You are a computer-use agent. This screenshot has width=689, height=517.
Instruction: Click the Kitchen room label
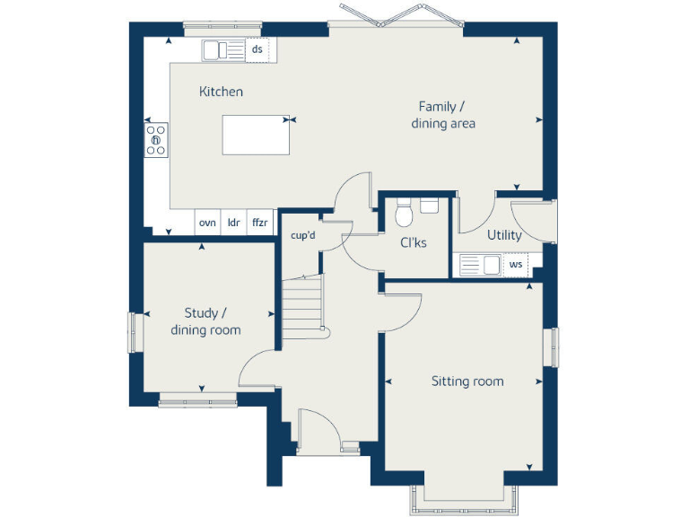(221, 92)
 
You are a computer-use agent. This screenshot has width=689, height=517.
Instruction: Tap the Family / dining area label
(442, 115)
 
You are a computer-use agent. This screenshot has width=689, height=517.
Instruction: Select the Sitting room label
(467, 381)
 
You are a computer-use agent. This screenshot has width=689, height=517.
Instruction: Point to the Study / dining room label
(205, 321)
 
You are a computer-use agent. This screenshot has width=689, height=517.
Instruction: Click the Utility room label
(504, 235)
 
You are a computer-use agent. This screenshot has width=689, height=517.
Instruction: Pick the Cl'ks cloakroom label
(414, 242)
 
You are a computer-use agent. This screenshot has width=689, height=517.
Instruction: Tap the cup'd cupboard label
(302, 236)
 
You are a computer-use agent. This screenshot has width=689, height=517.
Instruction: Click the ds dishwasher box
(257, 49)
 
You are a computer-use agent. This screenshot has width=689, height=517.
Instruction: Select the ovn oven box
(207, 223)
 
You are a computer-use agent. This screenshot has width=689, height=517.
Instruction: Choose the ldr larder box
(233, 223)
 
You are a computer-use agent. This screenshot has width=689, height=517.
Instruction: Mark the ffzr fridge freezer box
(259, 223)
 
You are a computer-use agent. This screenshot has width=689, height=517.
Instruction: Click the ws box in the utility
(516, 265)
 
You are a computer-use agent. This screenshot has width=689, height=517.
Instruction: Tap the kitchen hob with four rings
(156, 139)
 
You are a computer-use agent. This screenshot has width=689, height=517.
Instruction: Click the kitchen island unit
(257, 135)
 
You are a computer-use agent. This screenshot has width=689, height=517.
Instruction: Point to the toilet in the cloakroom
(403, 213)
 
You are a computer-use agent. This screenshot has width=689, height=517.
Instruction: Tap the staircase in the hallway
(302, 305)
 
